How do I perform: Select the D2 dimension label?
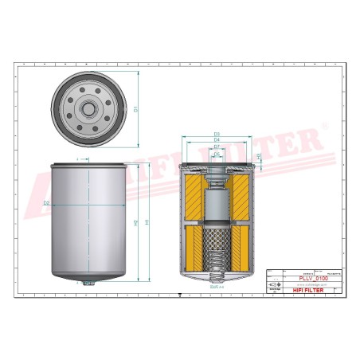click(x=47, y=204)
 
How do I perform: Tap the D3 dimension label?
click(x=217, y=135)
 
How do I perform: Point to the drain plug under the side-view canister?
click(x=89, y=283)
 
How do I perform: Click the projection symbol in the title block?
click(x=274, y=285)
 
